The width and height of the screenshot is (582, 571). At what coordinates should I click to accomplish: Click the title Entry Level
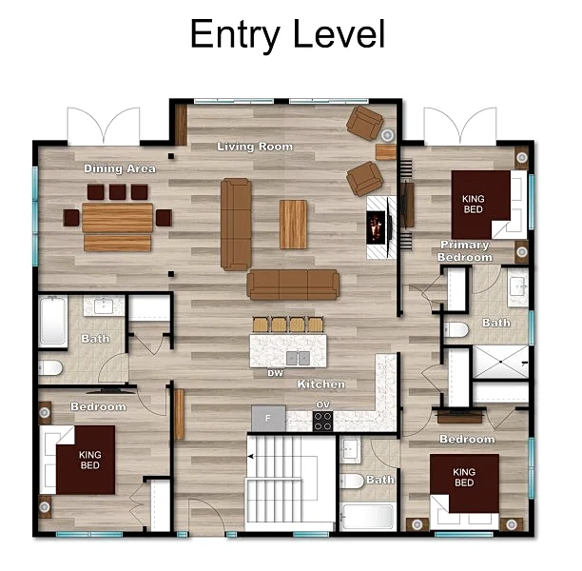click(287, 34)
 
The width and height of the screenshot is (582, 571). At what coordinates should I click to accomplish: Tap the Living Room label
click(255, 147)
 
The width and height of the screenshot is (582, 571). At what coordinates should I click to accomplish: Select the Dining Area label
click(120, 168)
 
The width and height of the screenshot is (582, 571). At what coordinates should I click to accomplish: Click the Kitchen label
click(321, 384)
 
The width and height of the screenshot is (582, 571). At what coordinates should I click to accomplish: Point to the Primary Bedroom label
click(465, 251)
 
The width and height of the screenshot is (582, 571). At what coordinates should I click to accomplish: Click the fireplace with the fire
click(377, 227)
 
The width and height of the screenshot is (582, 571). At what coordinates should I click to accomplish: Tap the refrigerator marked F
click(268, 419)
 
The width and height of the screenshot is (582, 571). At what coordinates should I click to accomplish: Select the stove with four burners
click(322, 422)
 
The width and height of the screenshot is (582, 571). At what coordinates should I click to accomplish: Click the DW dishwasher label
click(276, 373)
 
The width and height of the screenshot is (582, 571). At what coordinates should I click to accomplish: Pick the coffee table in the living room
click(293, 225)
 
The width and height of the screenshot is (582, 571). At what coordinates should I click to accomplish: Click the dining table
click(117, 218)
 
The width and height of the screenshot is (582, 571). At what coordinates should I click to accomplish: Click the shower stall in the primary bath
click(500, 363)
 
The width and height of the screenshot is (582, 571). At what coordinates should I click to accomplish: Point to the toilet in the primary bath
click(456, 330)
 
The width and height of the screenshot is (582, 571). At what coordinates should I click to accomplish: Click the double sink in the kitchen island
click(298, 359)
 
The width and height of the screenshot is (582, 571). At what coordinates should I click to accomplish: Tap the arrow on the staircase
click(250, 456)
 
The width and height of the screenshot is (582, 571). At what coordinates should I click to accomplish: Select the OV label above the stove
click(323, 404)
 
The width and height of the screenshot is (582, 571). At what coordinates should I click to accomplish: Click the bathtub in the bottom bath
click(367, 517)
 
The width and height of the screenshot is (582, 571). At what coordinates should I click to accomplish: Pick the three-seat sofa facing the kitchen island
click(293, 285)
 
